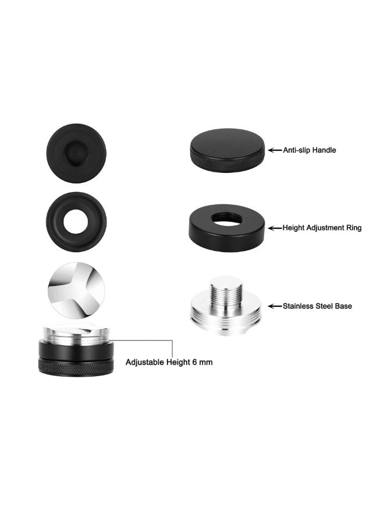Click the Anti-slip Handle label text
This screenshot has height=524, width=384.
coord(309,150)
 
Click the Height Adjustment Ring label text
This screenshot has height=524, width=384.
coord(322,228)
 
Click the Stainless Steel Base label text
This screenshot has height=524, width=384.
coord(317,306)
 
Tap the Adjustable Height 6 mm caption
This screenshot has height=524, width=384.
coord(169,362)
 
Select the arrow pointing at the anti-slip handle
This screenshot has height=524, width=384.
coord(275,150)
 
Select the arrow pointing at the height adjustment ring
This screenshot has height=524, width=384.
coord(275,228)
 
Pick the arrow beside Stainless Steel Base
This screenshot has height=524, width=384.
coord(275,306)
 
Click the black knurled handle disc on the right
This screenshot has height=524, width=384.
coord(227,150)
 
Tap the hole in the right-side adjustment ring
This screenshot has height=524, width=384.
coord(227,218)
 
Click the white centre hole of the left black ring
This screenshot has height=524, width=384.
coord(76,222)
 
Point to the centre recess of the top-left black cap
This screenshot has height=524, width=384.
coord(76,153)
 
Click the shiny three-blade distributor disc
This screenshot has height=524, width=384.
coord(76,289)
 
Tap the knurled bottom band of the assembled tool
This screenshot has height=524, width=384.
coord(76,367)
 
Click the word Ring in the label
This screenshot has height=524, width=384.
coord(354,228)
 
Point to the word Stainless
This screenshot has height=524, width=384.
coord(298,306)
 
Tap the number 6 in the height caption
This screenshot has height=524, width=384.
coord(194,362)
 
